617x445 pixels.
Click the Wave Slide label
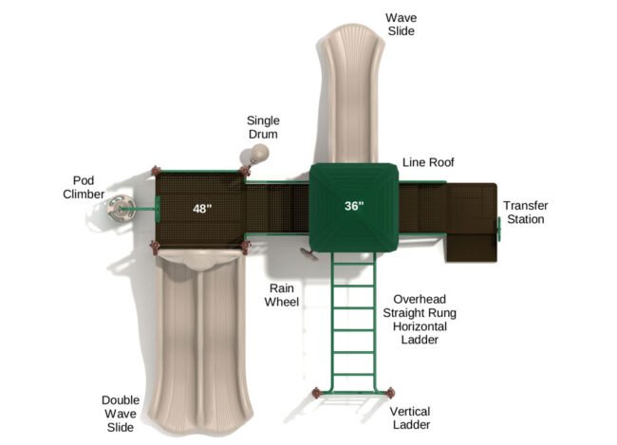coord(401,25)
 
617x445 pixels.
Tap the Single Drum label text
coord(263,127)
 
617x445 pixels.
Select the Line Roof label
coord(428,162)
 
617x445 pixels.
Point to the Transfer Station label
coord(525,213)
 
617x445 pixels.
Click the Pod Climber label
coord(84,187)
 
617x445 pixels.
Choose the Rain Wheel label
coord(281,295)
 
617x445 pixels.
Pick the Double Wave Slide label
coord(121,414)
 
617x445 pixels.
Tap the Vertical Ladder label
coord(410,417)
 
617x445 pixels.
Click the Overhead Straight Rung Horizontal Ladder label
coord(420,320)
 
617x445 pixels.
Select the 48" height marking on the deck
coord(202,208)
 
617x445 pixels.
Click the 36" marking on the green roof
coord(354,206)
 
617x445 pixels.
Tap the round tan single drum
coord(260,152)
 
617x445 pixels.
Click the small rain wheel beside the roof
coord(309,253)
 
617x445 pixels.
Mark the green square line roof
coord(354,208)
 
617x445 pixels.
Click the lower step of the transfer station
coord(472,248)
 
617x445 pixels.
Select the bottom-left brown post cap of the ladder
coord(316,392)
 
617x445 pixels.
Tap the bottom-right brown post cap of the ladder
coord(390,392)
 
